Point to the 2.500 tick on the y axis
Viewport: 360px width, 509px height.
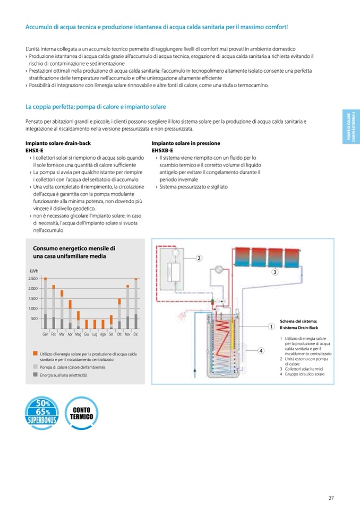point(33,278)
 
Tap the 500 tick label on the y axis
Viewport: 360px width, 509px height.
point(35,318)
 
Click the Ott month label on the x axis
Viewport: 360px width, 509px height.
point(119,334)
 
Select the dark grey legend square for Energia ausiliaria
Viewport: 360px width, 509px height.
point(35,374)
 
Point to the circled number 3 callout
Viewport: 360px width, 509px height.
point(275,272)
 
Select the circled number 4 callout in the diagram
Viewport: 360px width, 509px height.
point(261,350)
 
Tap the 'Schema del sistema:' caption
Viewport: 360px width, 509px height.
point(298,321)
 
